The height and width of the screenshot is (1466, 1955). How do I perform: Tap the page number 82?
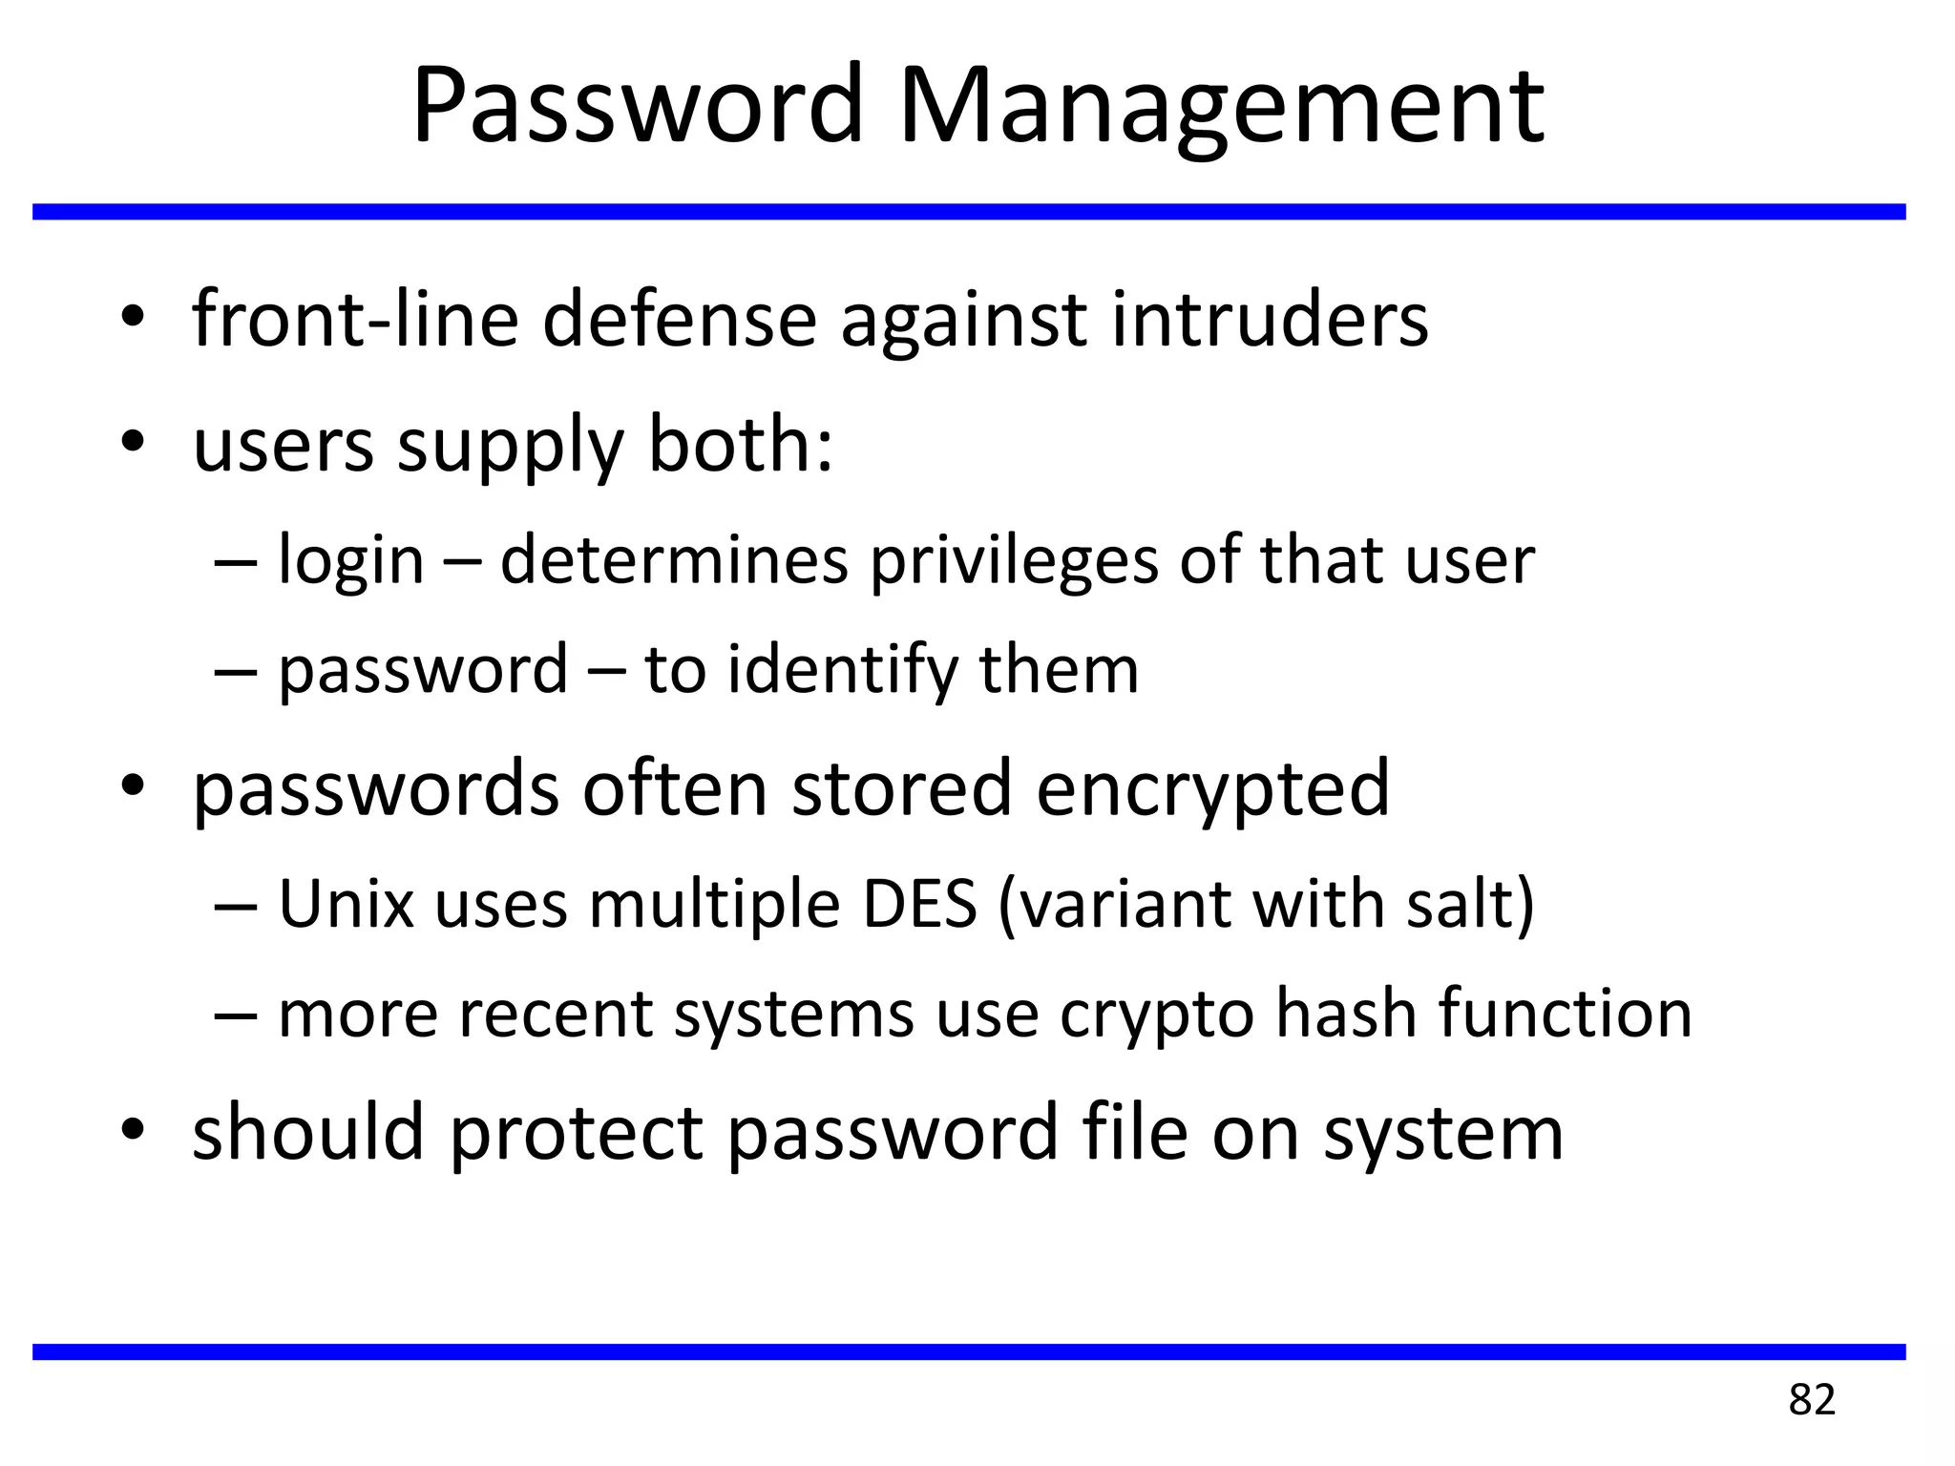(x=1811, y=1400)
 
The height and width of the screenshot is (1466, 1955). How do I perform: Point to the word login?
(x=350, y=561)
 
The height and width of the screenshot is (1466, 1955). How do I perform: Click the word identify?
(x=842, y=671)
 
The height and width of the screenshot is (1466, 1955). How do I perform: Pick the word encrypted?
(x=1212, y=789)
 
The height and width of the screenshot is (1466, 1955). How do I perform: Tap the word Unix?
(x=346, y=904)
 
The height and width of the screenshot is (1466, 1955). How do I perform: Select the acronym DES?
(x=920, y=904)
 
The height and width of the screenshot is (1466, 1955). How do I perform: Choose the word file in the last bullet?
(x=1134, y=1133)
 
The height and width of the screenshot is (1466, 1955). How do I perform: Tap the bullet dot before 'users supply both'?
(x=133, y=442)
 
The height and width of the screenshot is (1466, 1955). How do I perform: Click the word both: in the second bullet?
(x=741, y=446)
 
